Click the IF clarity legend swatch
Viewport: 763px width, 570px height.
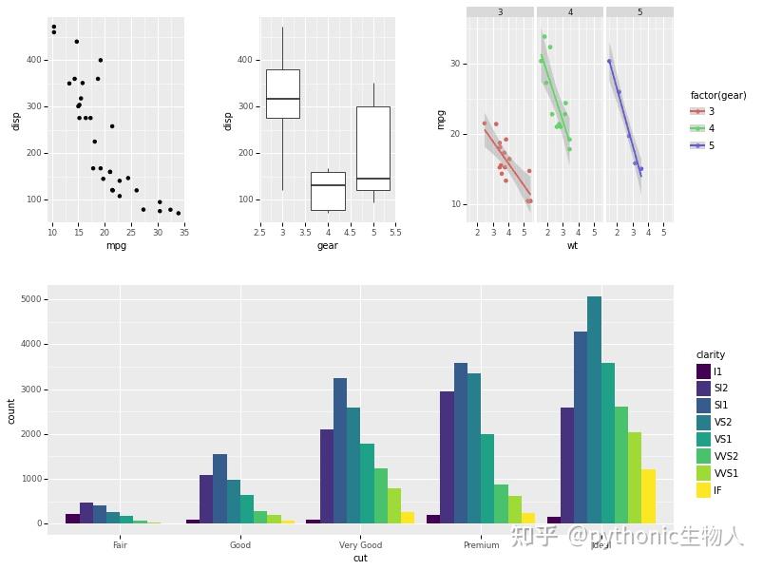703,490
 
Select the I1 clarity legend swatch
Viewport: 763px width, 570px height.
703,371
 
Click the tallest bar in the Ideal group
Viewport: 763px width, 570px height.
594,409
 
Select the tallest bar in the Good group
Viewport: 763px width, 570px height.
219,488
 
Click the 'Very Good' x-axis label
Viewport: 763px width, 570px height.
360,545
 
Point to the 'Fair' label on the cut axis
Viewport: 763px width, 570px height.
120,545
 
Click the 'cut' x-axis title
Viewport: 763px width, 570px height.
360,559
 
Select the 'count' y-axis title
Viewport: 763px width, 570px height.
11,410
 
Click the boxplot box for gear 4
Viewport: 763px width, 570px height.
328,191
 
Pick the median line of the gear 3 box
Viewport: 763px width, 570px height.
283,99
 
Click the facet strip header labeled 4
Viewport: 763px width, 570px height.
570,12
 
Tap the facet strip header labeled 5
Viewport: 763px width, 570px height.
639,12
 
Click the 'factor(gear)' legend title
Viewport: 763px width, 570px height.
717,95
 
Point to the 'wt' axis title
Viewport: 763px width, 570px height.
572,245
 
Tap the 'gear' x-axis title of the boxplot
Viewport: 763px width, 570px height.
327,245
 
